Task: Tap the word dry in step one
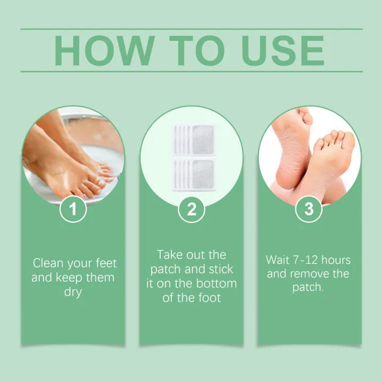coord(73,292)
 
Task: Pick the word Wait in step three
coord(278,261)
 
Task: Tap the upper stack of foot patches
coord(194,139)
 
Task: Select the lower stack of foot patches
coord(194,174)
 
